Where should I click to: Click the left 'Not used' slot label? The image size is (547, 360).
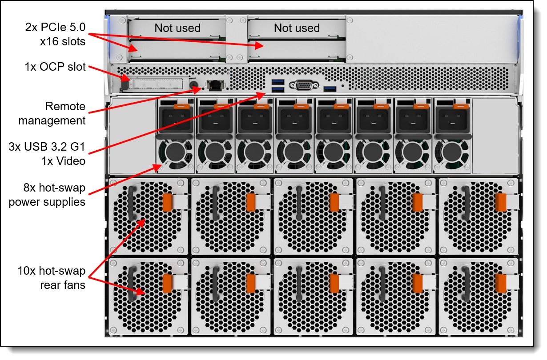tap(177, 28)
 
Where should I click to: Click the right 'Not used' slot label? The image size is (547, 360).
tap(297, 28)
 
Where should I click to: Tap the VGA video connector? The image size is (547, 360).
tap(304, 85)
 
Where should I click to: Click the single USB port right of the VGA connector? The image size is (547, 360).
tap(330, 88)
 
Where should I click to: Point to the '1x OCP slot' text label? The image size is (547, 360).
tap(55, 67)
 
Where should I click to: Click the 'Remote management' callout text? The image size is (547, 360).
tap(52, 113)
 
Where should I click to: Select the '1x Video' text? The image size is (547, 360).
tap(63, 161)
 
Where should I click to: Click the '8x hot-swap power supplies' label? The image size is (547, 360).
tap(47, 195)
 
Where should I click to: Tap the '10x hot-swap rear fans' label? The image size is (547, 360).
tap(52, 278)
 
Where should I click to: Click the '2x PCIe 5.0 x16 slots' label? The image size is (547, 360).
tap(56, 34)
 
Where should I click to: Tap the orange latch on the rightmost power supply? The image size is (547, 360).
tap(461, 106)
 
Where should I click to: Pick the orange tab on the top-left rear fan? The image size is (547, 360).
tap(167, 202)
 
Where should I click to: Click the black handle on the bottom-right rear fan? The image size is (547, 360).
tap(466, 284)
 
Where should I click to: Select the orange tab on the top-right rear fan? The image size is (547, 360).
tap(500, 202)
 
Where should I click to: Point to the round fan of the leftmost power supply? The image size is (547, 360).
tap(175, 152)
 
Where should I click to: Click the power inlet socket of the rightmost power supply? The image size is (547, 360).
tap(452, 120)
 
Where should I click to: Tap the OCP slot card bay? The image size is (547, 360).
tap(156, 84)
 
